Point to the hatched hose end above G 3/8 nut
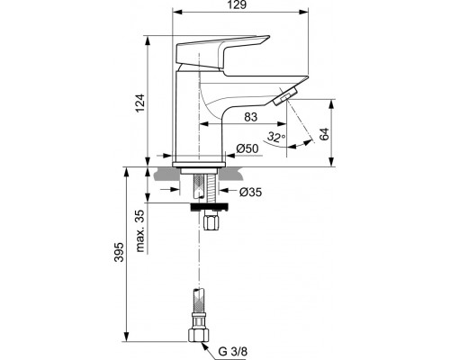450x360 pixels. click(x=197, y=305)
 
